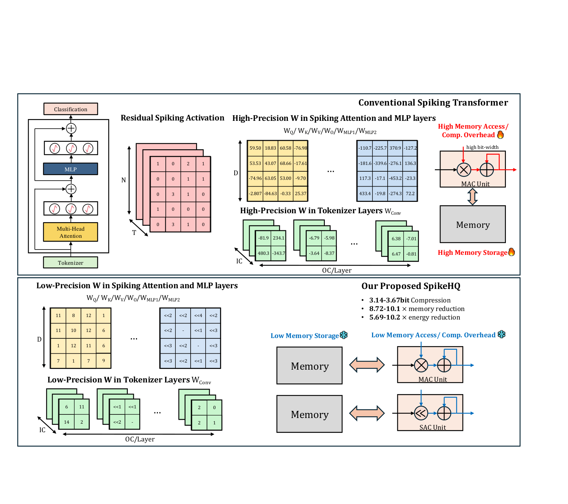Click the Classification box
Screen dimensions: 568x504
pos(71,109)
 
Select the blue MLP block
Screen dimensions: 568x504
pos(71,169)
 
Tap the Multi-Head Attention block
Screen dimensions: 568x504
pos(71,232)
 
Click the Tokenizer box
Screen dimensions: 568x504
pos(71,263)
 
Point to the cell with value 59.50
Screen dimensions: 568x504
pos(255,148)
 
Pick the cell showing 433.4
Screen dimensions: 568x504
pos(365,194)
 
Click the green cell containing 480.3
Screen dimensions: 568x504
pos(263,253)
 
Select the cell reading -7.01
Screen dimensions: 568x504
pos(411,239)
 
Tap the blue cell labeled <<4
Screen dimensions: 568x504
pos(198,316)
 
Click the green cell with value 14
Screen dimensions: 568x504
pos(66,422)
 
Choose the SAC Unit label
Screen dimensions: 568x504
pos(433,427)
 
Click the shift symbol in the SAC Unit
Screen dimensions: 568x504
pos(421,413)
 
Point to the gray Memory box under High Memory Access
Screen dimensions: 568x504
pos(473,224)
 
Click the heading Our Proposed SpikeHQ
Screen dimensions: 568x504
pos(411,286)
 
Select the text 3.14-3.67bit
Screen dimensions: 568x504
pos(389,300)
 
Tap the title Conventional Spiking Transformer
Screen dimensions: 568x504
pos(433,103)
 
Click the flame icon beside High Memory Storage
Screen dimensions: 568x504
pos(512,252)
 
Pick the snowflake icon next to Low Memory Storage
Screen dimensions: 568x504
pos(344,335)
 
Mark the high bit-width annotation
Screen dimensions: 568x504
pos(482,147)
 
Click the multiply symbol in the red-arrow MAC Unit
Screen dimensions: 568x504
pos(464,170)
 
